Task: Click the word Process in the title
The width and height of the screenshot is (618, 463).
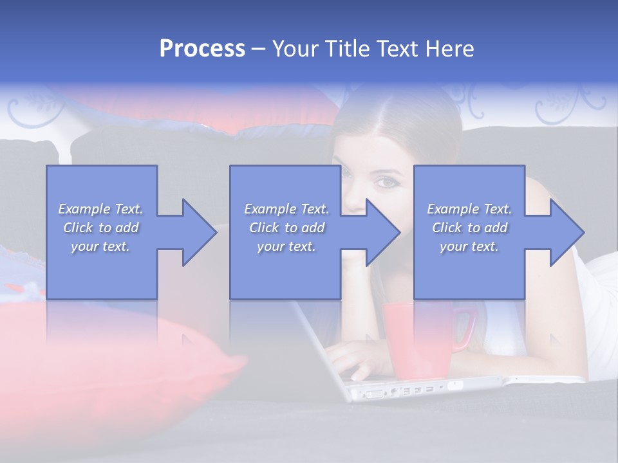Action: pyautogui.click(x=202, y=49)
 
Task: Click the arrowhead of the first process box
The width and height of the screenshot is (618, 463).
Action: pyautogui.click(x=193, y=232)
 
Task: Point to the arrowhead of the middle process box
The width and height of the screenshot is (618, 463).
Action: pyautogui.click(x=377, y=232)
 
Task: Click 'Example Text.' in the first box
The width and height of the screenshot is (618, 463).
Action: pyautogui.click(x=100, y=209)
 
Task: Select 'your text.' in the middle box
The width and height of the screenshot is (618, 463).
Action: pyautogui.click(x=286, y=246)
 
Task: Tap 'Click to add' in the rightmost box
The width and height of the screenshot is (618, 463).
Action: pyautogui.click(x=469, y=228)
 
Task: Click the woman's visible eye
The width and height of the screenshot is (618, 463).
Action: pyautogui.click(x=388, y=182)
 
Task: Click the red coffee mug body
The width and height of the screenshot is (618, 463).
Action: pyautogui.click(x=415, y=341)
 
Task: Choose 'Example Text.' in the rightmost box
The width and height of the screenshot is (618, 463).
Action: pyautogui.click(x=469, y=209)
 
